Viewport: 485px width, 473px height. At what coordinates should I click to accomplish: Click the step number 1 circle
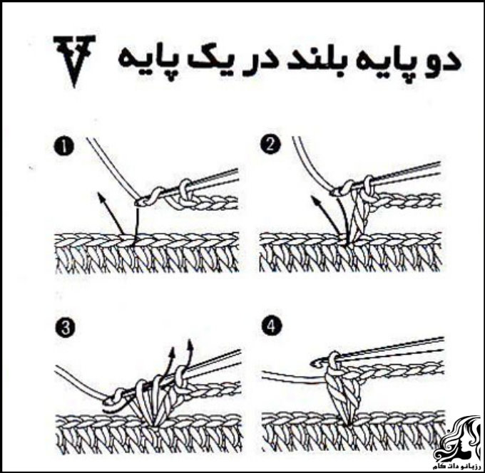click(64, 147)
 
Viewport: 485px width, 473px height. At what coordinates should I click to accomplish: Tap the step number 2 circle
click(270, 145)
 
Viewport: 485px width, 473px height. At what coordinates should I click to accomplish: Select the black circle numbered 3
click(66, 328)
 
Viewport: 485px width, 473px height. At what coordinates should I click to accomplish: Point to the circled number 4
click(271, 326)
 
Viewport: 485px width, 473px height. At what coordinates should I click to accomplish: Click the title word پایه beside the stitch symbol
click(145, 63)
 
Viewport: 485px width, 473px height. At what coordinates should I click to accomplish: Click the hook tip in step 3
click(108, 402)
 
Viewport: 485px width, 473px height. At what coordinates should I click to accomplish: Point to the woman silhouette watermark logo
click(458, 438)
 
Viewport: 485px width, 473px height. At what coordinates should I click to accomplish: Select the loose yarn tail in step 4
click(294, 375)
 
